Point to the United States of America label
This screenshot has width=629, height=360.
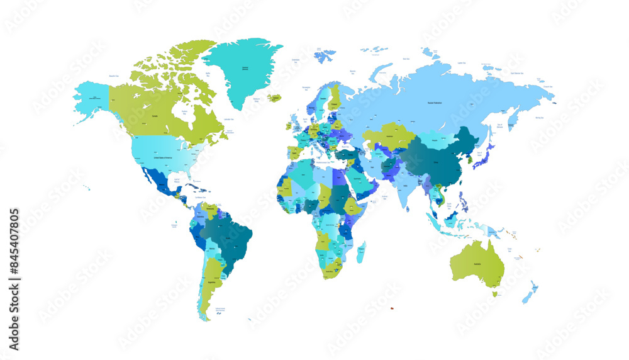(165, 158)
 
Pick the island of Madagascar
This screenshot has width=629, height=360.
(361, 252)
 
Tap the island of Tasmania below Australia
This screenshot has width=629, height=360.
(494, 293)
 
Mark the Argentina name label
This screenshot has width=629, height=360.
(213, 283)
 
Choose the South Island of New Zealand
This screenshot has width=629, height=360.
(527, 297)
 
